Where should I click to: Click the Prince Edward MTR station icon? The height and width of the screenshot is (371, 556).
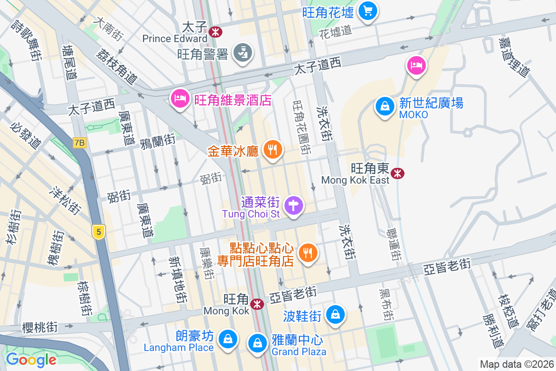click(215, 32)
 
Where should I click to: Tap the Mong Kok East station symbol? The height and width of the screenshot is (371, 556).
click(397, 173)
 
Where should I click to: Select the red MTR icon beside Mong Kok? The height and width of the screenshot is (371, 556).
click(256, 304)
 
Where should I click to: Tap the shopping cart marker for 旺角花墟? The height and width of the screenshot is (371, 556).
click(368, 11)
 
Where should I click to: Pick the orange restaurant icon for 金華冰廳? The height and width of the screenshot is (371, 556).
click(273, 150)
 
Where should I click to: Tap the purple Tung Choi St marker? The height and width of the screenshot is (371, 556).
click(293, 205)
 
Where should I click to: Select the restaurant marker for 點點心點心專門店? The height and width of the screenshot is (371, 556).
click(307, 253)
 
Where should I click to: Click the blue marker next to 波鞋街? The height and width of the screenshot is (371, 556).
click(335, 315)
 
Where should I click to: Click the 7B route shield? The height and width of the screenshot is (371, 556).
click(79, 143)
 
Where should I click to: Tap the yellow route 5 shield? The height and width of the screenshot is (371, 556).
click(98, 231)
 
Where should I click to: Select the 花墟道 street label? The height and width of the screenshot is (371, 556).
click(335, 31)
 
